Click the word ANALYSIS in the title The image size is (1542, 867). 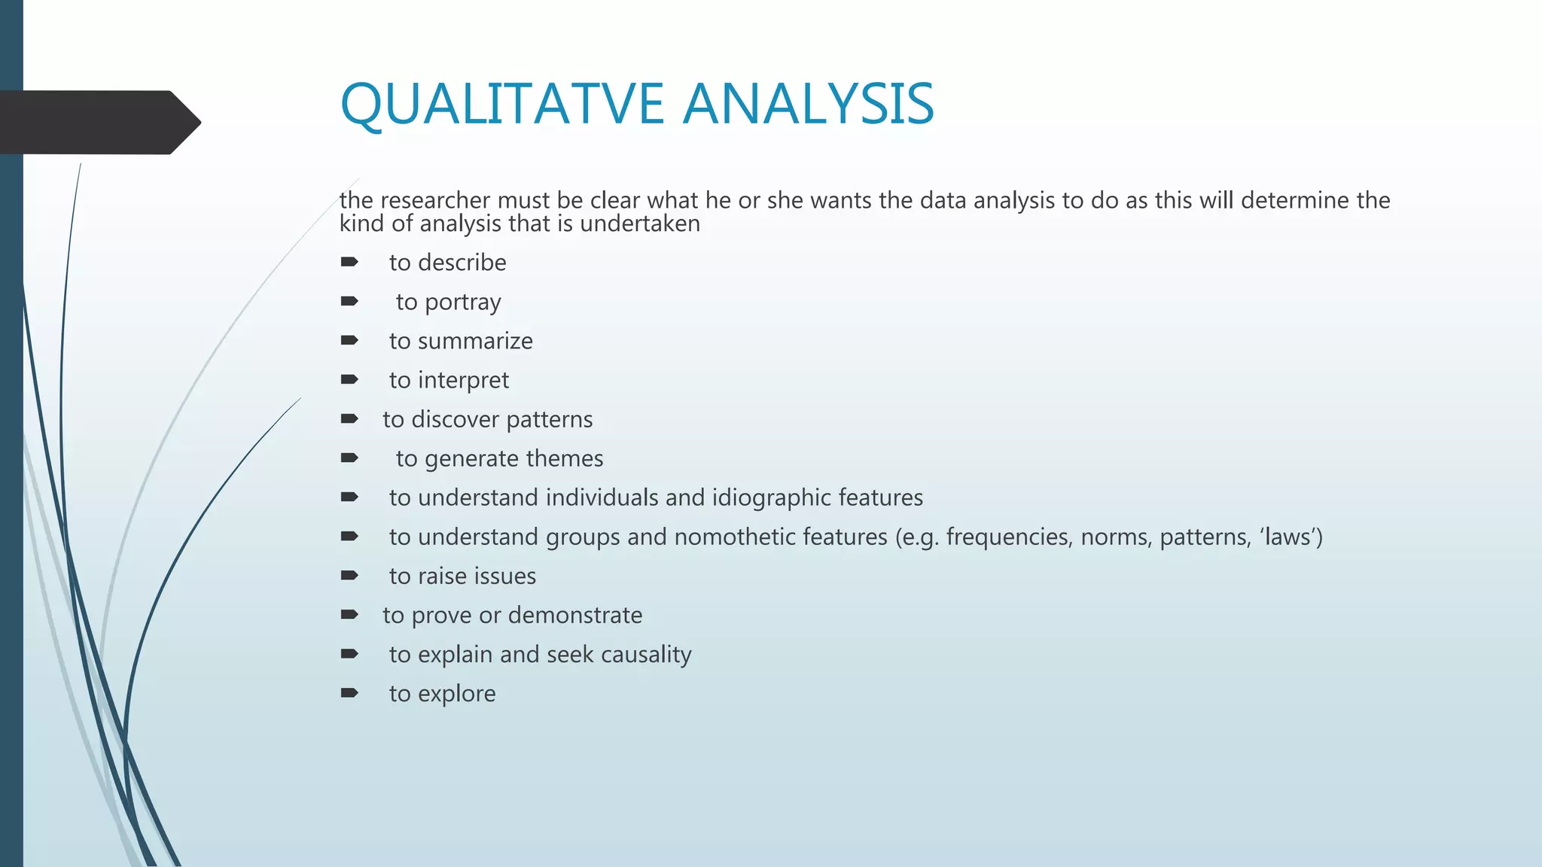(809, 104)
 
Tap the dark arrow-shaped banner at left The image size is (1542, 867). (98, 122)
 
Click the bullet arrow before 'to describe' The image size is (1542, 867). (349, 262)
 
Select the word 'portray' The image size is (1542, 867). (462, 303)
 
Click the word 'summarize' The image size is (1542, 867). (475, 341)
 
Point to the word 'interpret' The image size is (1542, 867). (463, 381)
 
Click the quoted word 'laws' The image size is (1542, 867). (1289, 537)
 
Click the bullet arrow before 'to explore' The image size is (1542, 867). (349, 693)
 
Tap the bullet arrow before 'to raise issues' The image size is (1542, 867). (349, 576)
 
